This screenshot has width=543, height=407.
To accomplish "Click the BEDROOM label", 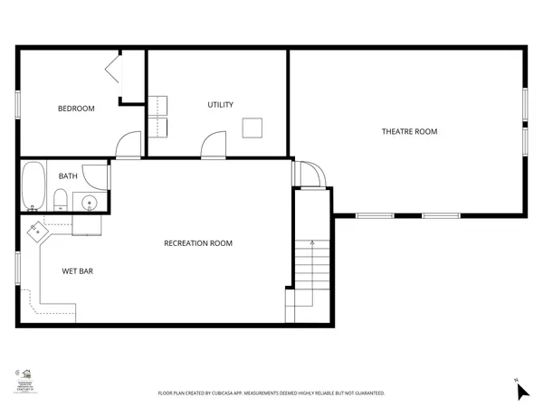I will tap(76, 109).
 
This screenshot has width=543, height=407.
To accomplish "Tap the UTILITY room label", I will tap(221, 105).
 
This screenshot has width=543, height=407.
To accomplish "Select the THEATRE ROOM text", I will tap(409, 132).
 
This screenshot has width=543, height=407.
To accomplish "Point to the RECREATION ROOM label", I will tap(198, 243).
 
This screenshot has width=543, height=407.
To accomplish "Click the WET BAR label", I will tap(78, 270).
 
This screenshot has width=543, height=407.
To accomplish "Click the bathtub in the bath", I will tap(33, 185).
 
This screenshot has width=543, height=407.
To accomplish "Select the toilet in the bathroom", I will tap(60, 200).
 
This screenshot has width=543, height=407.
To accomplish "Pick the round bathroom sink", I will tap(90, 202).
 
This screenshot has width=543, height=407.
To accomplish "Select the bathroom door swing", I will tap(95, 175).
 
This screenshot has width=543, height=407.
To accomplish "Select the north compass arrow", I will tap(522, 391).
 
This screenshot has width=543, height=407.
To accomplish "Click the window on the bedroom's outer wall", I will tap(19, 101).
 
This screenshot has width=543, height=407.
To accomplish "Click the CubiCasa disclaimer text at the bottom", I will tap(271, 393).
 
